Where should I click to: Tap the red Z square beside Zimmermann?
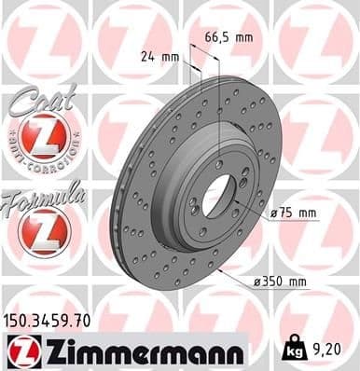pyautogui.click(x=20, y=351)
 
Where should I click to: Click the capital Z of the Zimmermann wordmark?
pyautogui.click(x=48, y=351)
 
